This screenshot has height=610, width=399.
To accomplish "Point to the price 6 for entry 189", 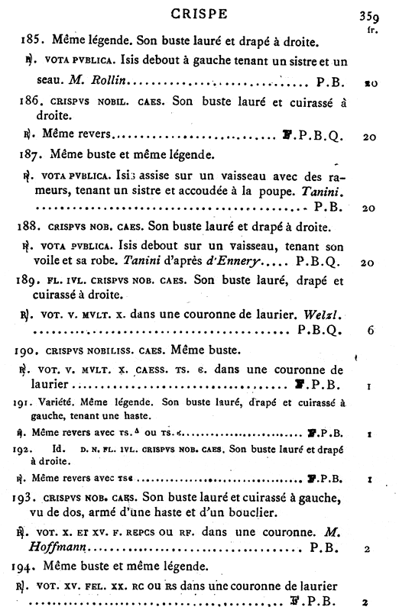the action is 369,332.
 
